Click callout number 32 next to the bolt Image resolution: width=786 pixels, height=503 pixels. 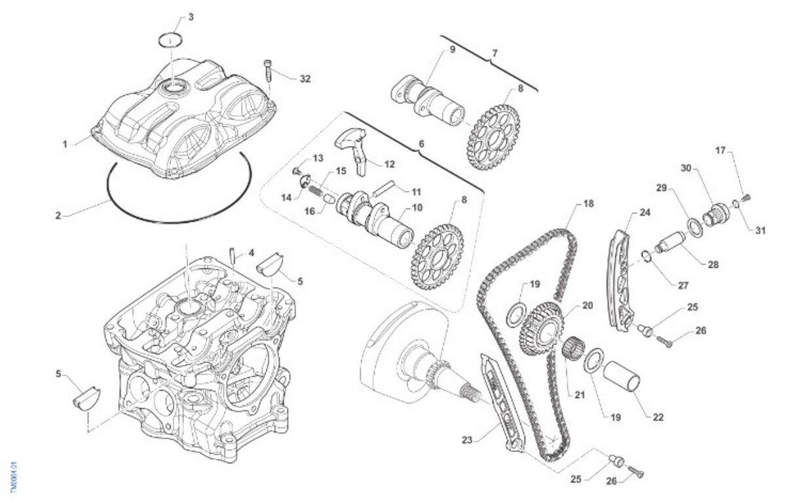[305, 79]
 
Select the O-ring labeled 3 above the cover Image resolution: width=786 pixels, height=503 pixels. [170, 39]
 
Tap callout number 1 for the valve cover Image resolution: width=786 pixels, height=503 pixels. [65, 143]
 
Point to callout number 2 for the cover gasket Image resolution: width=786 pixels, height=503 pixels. [58, 215]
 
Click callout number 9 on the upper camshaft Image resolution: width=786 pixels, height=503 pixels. [451, 50]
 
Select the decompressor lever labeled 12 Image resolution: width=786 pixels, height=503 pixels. [354, 146]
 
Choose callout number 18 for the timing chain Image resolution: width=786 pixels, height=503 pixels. [588, 204]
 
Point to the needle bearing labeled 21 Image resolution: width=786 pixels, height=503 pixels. [572, 347]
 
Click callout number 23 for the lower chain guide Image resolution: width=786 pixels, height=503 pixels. [466, 440]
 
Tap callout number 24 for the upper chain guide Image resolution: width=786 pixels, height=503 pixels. [645, 214]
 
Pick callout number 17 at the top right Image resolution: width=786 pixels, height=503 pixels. [720, 151]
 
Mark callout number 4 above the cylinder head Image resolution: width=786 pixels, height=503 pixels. [252, 252]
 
